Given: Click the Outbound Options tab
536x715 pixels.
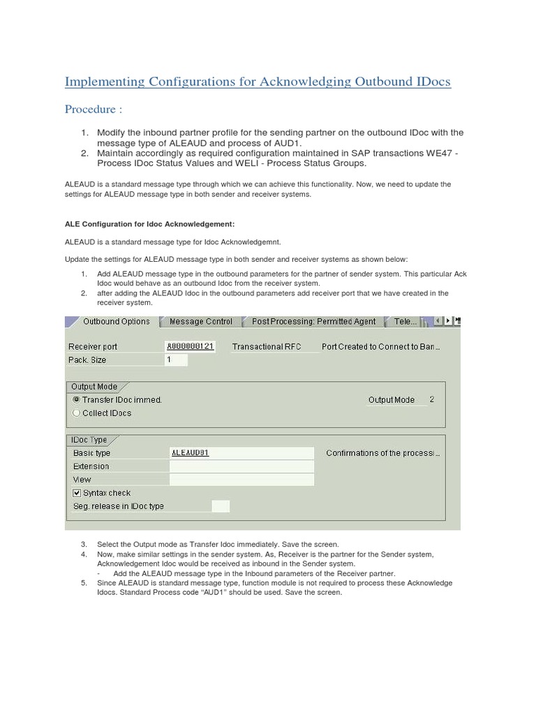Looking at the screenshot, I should point(115,322).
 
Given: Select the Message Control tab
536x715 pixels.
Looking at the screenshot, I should point(200,322).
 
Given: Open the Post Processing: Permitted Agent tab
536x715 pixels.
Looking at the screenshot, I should point(313,322).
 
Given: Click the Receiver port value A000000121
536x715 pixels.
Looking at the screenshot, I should point(190,346).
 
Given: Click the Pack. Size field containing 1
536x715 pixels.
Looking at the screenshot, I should point(176,360).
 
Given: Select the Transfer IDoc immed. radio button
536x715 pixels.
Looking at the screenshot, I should point(76,400).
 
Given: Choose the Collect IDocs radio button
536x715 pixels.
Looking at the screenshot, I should point(76,413).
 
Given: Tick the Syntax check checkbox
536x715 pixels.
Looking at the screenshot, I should point(77,493).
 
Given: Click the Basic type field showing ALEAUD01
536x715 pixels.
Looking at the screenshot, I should point(241,452).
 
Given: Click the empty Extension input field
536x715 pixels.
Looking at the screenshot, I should point(241,466).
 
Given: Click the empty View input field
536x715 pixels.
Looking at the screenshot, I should point(241,480).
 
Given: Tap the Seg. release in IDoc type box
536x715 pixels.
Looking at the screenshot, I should point(220,506).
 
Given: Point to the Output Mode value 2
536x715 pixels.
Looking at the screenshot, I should point(432,399).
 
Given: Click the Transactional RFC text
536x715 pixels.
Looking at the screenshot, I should point(267,346).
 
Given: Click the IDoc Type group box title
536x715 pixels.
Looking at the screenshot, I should point(89,439).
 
